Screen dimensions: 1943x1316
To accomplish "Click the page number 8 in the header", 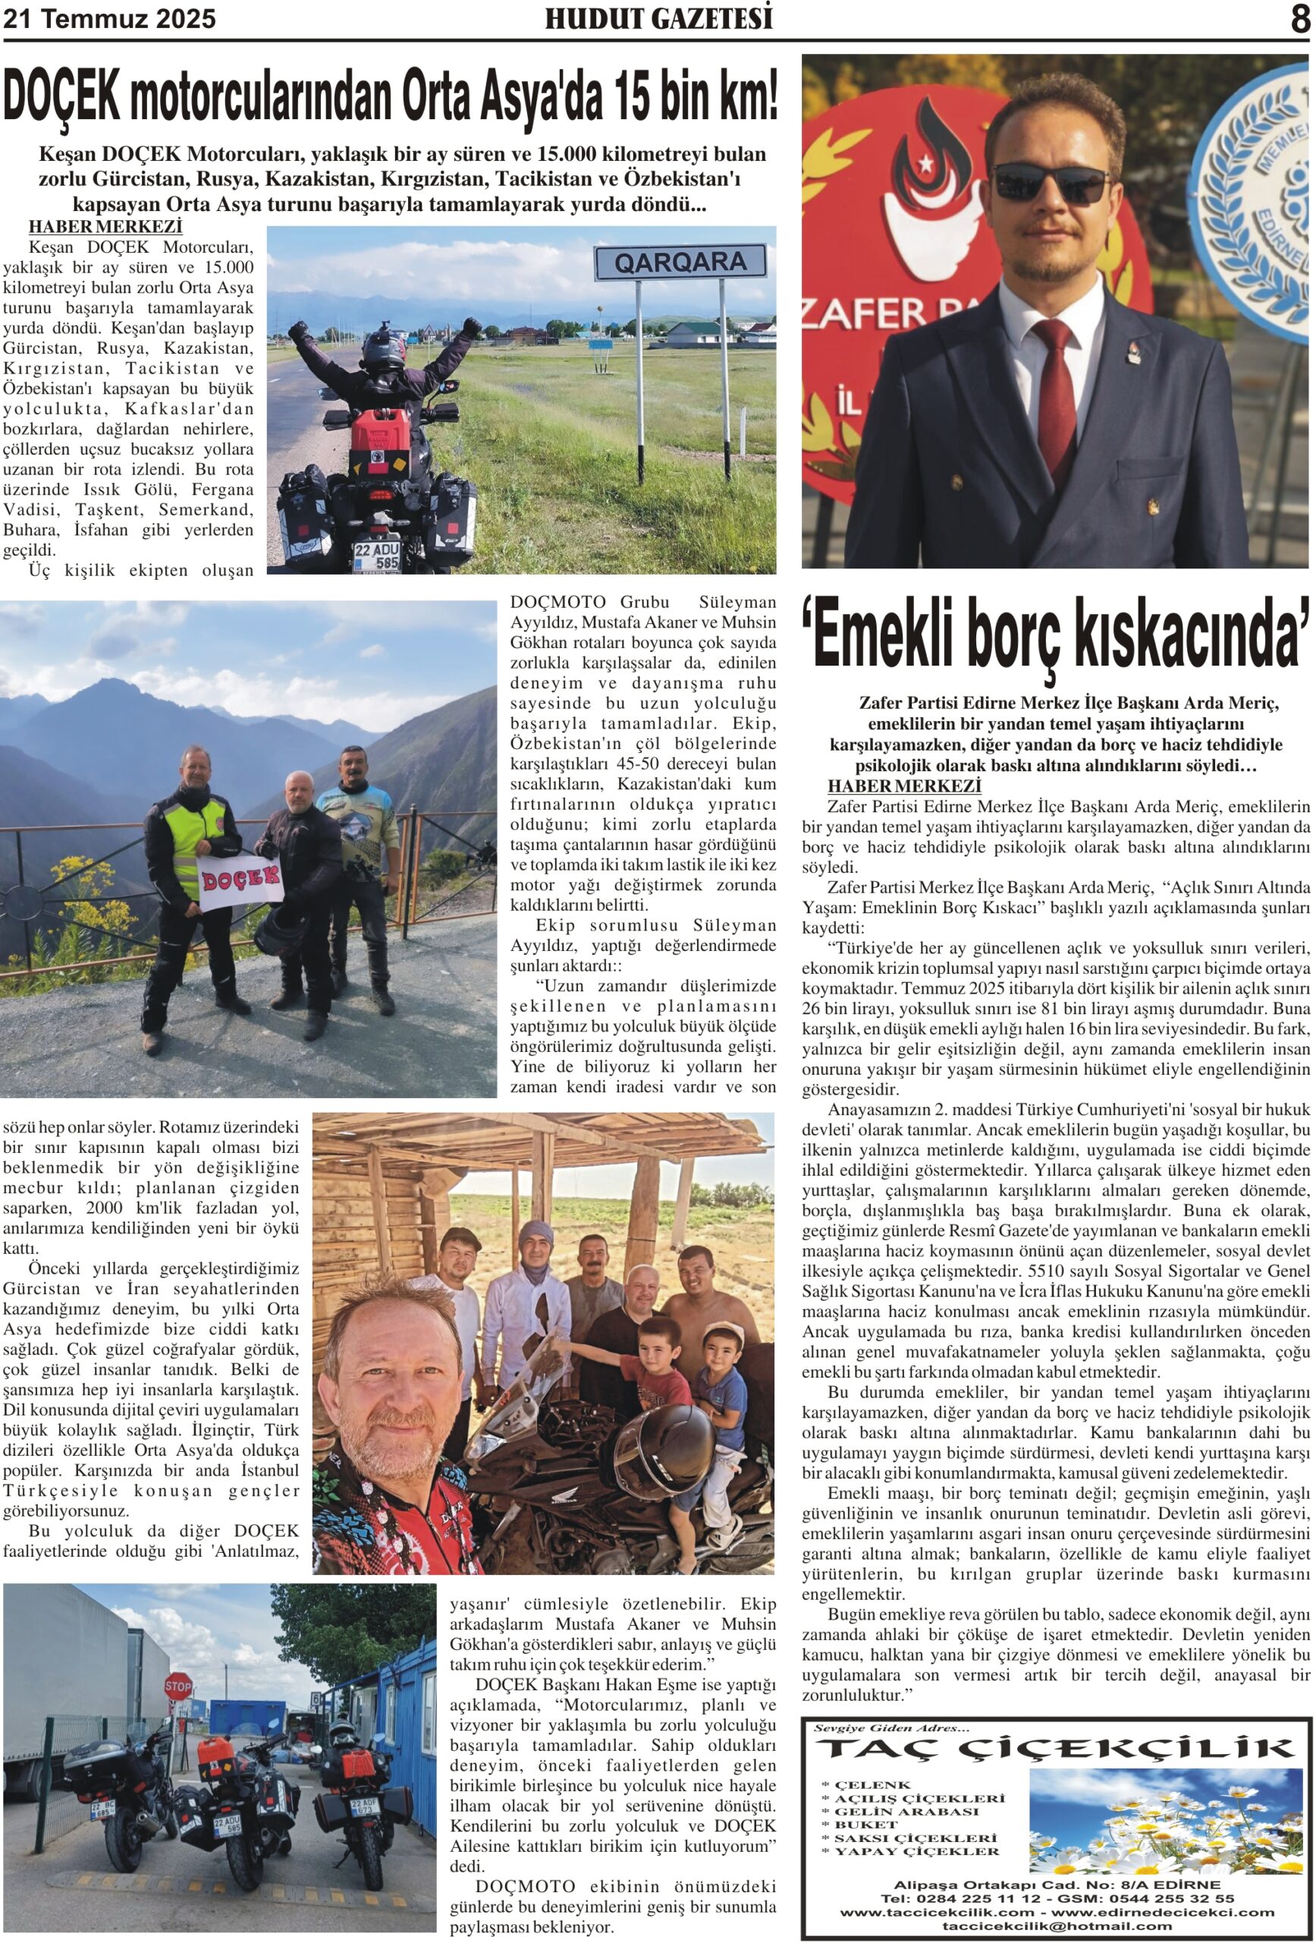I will pyautogui.click(x=1299, y=19).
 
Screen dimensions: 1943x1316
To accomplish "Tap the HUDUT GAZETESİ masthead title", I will pyautogui.click(x=658, y=18).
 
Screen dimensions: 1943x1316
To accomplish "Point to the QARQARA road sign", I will pyautogui.click(x=680, y=263).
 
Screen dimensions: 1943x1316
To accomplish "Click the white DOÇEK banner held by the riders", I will pyautogui.click(x=240, y=879).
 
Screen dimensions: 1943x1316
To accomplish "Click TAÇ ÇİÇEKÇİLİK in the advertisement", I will pyautogui.click(x=1054, y=1750).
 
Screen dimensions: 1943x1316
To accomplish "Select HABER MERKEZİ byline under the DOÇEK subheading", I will pyautogui.click(x=105, y=227).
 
